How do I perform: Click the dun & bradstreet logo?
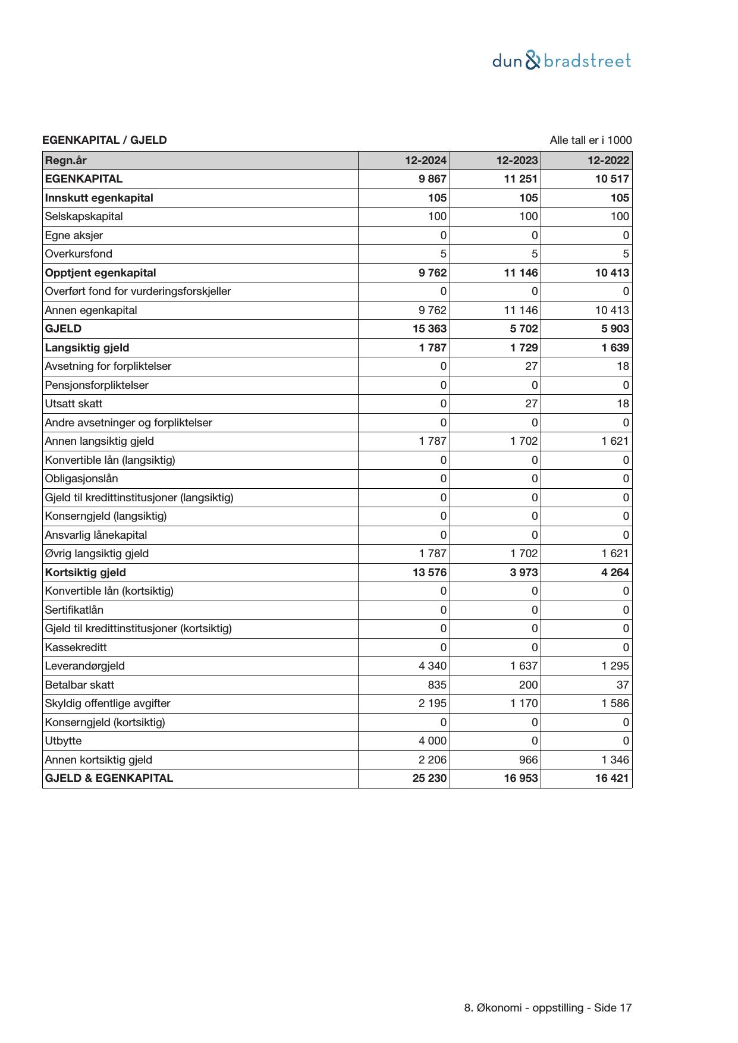(561, 61)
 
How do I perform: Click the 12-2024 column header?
(426, 161)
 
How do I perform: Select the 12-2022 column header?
(608, 161)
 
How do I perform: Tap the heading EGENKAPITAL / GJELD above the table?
(105, 140)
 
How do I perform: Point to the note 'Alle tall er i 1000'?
(591, 140)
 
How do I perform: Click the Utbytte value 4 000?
(432, 741)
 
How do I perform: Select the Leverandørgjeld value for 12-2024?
(432, 666)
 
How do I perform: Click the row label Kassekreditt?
(76, 647)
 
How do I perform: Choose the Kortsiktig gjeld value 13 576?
(429, 572)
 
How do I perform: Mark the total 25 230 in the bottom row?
(429, 778)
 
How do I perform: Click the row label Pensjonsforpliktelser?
(97, 385)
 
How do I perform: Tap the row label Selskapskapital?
(84, 216)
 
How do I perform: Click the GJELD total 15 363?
(429, 329)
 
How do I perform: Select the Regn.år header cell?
(66, 161)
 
